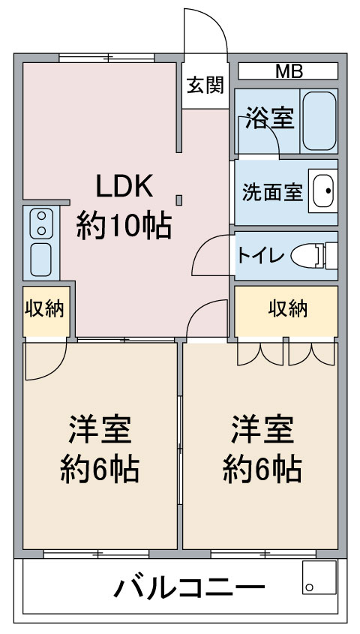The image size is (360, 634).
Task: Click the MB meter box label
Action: click(x=289, y=71)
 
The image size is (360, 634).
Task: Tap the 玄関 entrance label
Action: click(x=205, y=86)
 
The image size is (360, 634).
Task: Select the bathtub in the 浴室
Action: click(x=319, y=121)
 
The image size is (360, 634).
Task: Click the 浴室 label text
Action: click(x=270, y=117)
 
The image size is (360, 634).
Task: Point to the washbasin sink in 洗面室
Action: click(x=323, y=191)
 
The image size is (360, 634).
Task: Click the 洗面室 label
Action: click(x=272, y=193)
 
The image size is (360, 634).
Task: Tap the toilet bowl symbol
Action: click(x=314, y=256)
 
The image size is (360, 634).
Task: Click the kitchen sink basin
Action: click(x=41, y=260)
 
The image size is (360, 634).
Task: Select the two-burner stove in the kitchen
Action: click(x=41, y=223)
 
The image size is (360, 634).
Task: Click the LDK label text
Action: click(x=124, y=186)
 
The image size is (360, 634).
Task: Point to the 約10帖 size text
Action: click(x=124, y=226)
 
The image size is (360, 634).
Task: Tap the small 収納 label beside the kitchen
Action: click(x=44, y=309)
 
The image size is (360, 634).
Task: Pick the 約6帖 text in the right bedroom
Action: click(x=262, y=469)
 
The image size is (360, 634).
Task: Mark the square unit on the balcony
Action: click(x=319, y=577)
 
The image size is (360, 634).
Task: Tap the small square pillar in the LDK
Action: click(x=179, y=200)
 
